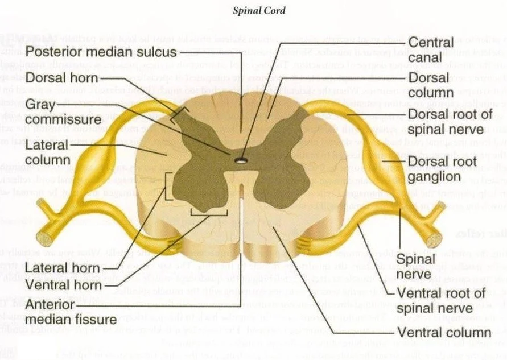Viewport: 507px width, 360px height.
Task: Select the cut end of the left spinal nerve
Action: click(x=44, y=238)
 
